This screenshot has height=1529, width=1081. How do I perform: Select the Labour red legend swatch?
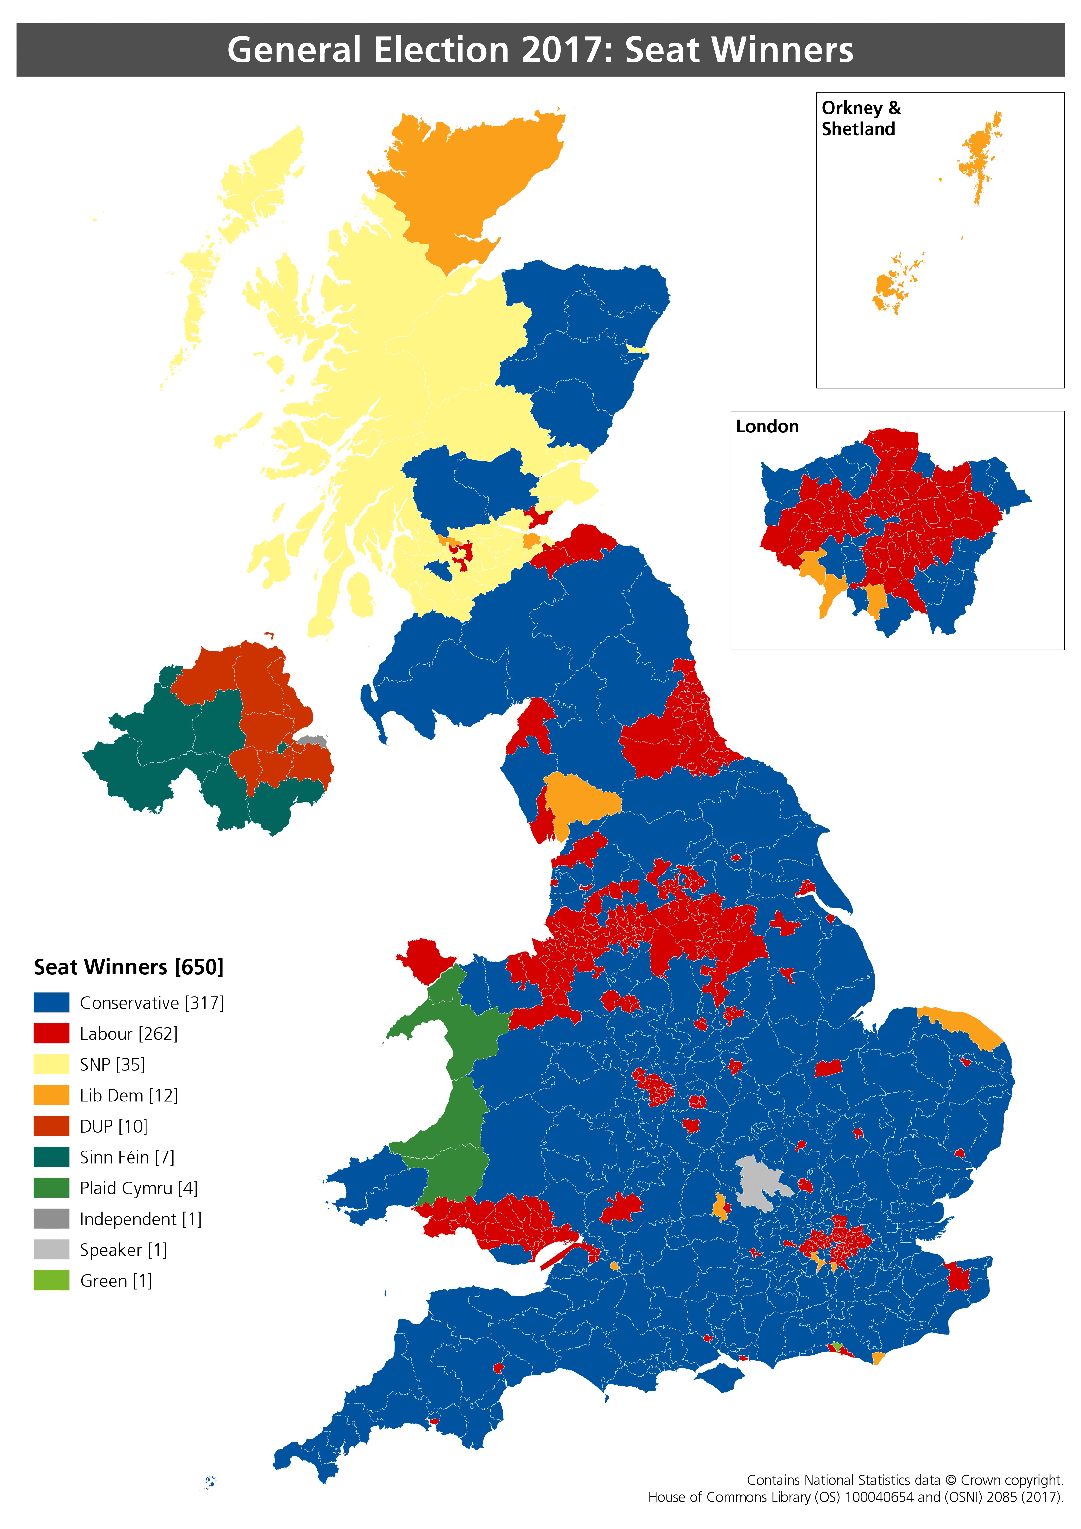pos(51,1033)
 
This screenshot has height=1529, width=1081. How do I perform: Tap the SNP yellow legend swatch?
pos(51,1064)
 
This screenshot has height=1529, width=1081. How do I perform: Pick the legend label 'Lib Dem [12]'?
pos(129,1096)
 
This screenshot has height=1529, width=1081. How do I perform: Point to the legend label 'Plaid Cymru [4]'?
pos(139,1188)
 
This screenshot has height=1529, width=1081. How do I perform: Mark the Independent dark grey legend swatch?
pos(51,1219)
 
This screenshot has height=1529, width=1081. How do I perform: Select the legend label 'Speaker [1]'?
pos(123,1250)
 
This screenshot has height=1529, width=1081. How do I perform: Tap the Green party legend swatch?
pos(51,1281)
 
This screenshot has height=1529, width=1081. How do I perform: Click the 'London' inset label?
pos(767,426)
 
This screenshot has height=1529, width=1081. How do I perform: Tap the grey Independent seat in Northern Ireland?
pos(312,740)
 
